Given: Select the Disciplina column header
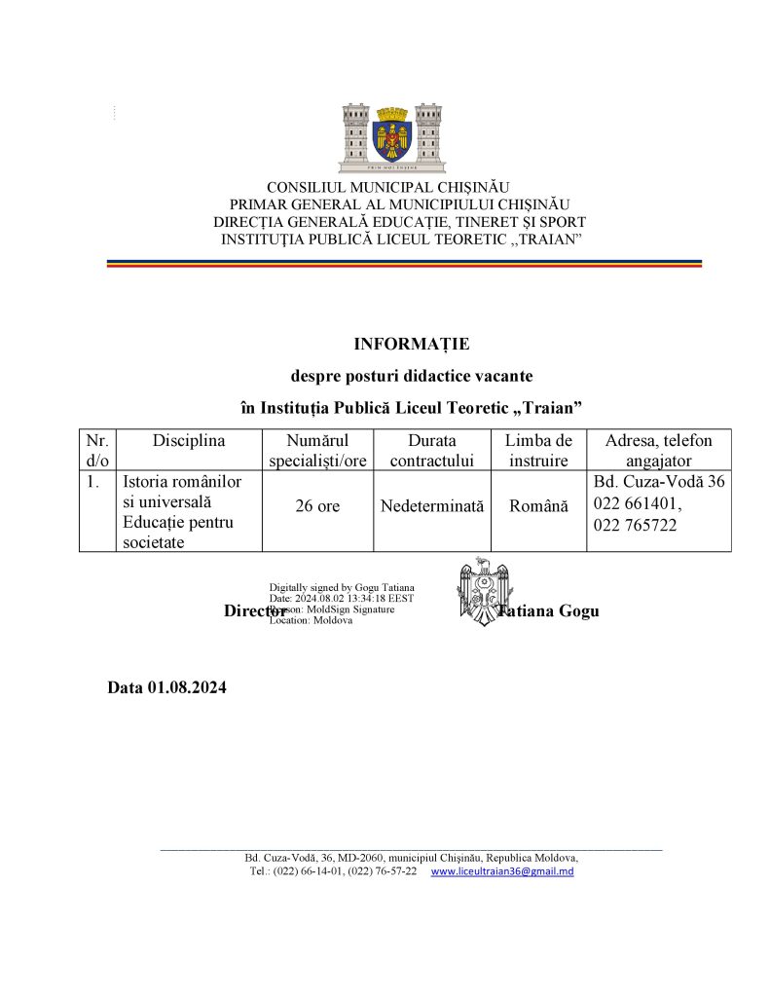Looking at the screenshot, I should coord(189,440).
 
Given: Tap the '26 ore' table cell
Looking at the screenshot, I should coord(317,507).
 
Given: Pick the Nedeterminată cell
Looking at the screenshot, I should coord(432,507).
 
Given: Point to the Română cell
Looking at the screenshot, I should coord(538,507).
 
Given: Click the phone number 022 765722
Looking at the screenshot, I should coord(635,524).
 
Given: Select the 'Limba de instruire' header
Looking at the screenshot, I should coord(538,450).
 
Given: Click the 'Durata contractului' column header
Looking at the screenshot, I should coord(432,450).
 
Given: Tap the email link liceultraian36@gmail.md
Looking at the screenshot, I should coord(501,871).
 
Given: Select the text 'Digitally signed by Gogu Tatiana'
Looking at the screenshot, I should coord(342,587).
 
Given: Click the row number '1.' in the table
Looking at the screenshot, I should coord(94,480).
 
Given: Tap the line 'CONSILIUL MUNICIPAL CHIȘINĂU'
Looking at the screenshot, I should coord(388,187).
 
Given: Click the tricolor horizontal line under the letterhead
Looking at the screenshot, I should coord(404,263).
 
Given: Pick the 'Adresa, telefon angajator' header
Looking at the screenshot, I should coord(658,450).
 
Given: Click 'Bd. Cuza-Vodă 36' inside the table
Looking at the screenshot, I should coord(658,480).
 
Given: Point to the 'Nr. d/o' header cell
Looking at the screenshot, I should coord(97,450).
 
